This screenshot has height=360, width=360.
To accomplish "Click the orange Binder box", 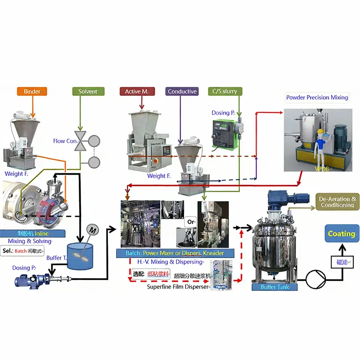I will [x=32, y=91].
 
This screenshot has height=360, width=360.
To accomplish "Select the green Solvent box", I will [x=88, y=91].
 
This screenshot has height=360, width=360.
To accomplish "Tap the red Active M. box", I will [x=137, y=91].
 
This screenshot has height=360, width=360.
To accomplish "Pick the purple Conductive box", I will [x=182, y=91].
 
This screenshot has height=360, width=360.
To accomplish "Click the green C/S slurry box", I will [x=225, y=91].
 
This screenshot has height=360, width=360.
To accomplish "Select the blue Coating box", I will [x=341, y=234].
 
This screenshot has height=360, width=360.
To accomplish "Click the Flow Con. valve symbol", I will [x=81, y=141].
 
